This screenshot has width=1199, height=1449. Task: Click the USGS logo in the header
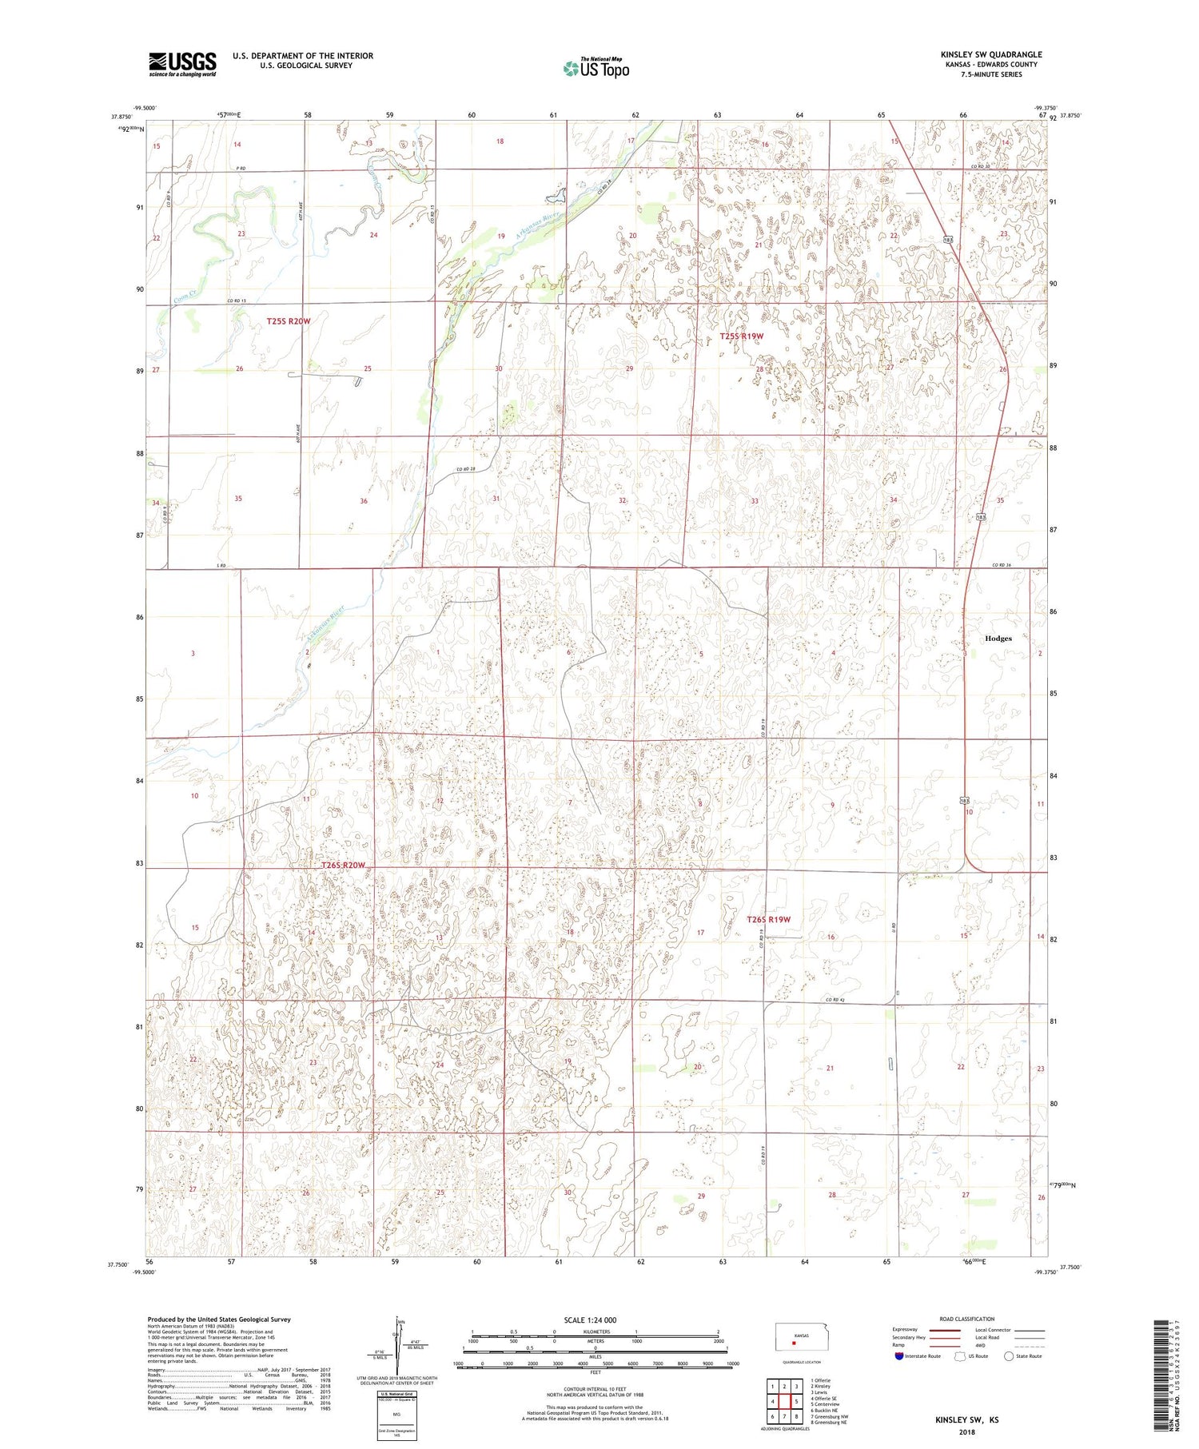coord(182,64)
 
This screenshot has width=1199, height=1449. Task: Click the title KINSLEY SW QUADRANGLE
coord(990,54)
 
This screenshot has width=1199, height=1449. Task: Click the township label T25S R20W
coord(288,320)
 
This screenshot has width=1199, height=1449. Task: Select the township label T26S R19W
coord(767,919)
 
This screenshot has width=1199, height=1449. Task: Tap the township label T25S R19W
coord(741,336)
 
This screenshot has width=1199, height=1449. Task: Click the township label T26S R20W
coord(343,866)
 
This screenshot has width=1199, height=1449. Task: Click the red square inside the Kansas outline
coord(794,1343)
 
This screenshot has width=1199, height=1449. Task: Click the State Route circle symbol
coord(1009,1355)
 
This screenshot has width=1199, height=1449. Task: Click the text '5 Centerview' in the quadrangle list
coord(825,1404)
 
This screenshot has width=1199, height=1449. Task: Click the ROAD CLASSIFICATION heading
coord(967,1319)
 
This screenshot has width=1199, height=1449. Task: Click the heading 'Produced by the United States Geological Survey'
coord(218,1320)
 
